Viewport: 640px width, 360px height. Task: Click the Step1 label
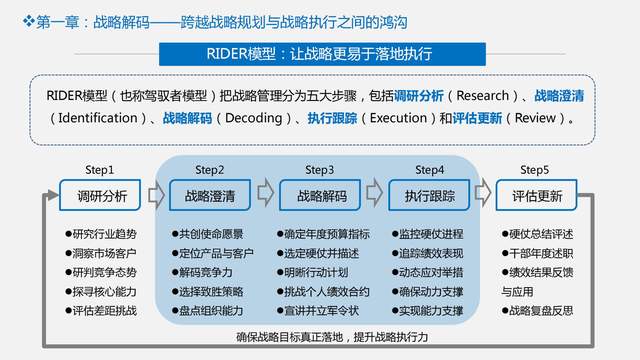click(99, 170)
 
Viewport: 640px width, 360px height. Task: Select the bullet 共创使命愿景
click(210, 234)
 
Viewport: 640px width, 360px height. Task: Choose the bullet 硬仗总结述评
click(540, 234)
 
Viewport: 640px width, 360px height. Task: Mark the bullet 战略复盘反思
click(540, 310)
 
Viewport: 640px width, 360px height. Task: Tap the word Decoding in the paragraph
click(246, 118)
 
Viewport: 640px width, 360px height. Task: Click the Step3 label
click(319, 170)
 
